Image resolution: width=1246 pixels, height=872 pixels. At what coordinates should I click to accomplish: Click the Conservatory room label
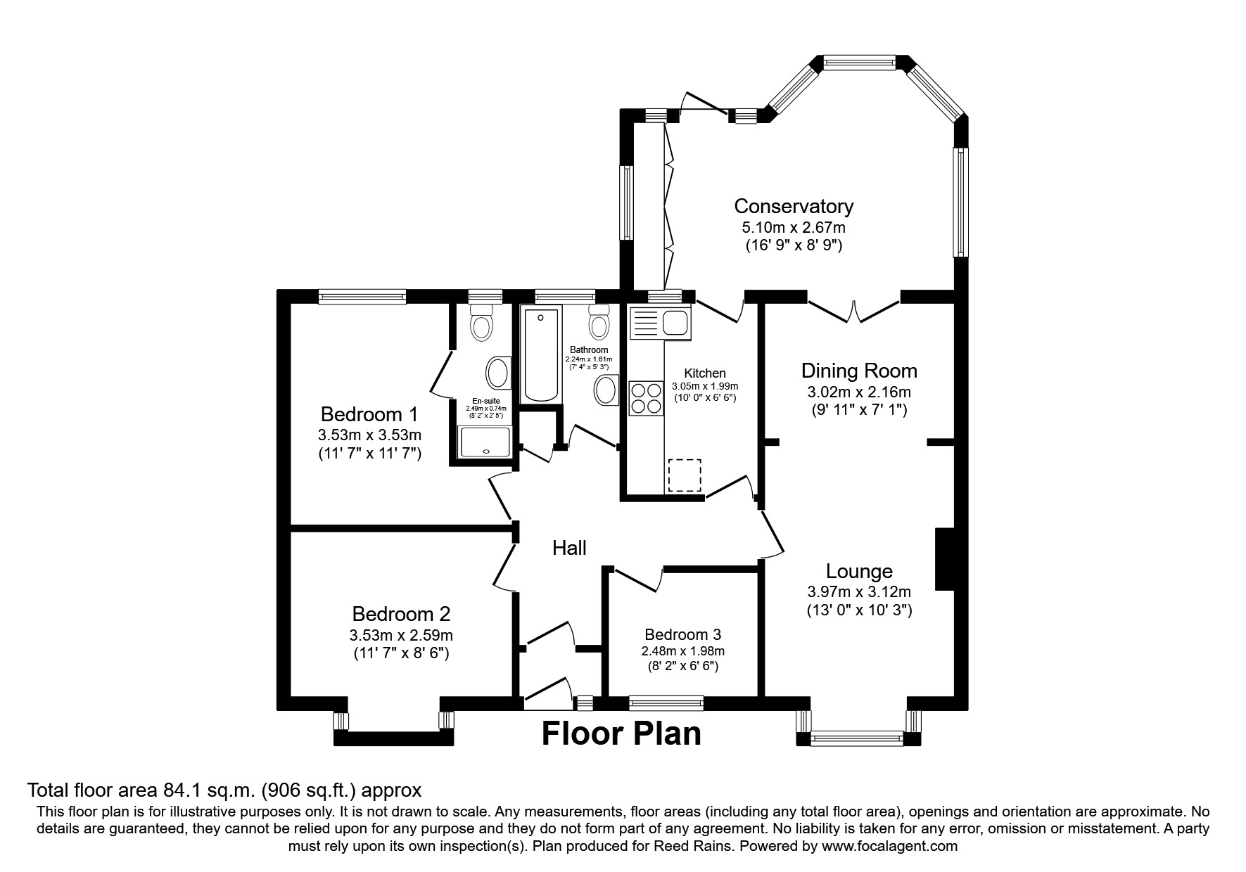793,206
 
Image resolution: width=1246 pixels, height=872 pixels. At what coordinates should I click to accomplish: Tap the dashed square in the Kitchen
685,475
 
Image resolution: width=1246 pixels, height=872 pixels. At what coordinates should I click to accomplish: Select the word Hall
569,548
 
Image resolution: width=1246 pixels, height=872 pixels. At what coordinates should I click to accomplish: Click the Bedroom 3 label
682,634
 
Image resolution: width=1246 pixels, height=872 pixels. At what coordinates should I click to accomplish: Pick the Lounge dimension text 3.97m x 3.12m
858,591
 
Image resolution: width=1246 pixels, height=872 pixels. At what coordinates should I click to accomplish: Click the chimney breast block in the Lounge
943,559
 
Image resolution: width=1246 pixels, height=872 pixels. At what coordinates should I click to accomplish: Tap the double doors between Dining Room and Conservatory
853,311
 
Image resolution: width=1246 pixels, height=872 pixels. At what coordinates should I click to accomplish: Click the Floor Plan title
621,733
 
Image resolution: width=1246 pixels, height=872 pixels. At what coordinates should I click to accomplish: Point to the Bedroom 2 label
401,614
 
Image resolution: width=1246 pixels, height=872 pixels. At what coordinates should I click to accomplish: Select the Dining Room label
859,371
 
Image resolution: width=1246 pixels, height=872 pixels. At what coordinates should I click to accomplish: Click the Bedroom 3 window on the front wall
666,702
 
